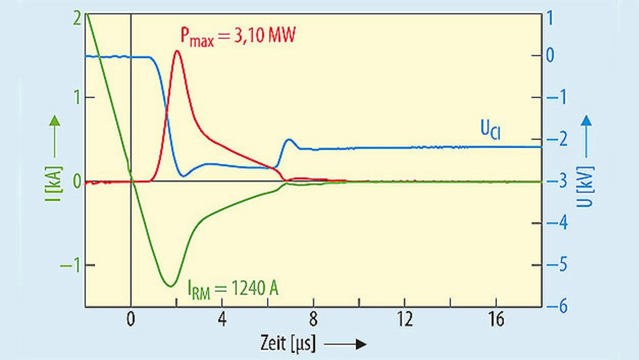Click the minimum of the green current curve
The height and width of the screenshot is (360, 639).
[x=171, y=286]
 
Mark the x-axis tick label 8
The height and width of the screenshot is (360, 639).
[x=314, y=320]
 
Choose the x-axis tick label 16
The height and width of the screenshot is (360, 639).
[x=496, y=320]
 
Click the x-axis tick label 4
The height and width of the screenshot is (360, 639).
[x=222, y=320]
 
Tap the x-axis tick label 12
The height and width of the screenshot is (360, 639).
[x=404, y=320]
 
